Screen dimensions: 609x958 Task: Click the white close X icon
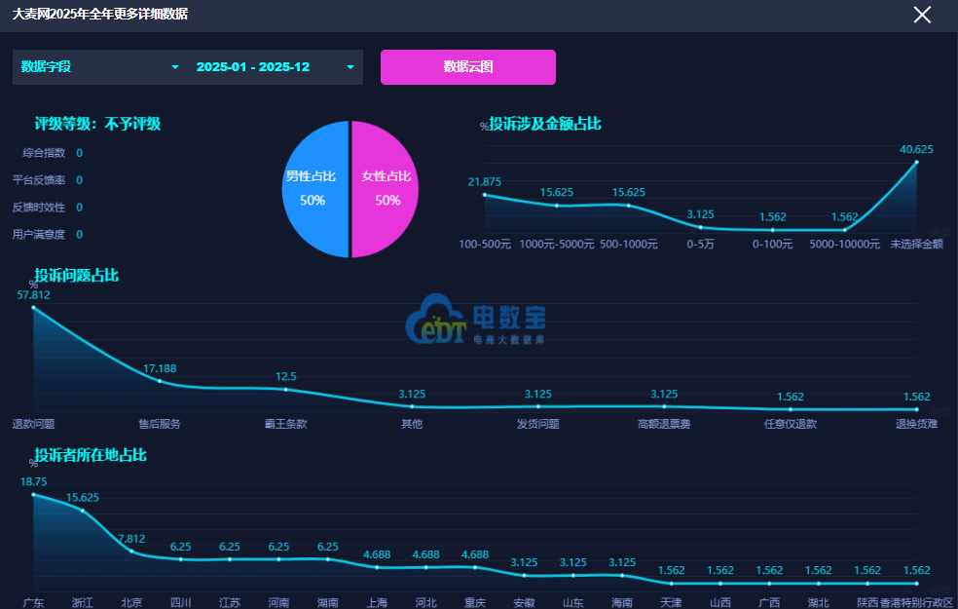tap(922, 15)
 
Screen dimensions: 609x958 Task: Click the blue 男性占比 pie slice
tap(313, 189)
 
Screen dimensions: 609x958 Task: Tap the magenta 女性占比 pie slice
tap(387, 189)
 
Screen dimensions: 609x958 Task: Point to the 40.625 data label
tap(916, 149)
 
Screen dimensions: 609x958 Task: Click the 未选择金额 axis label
tap(916, 245)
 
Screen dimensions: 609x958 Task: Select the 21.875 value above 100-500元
tap(485, 182)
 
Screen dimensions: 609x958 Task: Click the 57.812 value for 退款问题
tap(34, 294)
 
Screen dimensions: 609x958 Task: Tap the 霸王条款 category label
tap(285, 424)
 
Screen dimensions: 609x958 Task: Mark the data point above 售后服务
tap(160, 382)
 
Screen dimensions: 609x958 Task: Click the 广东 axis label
tap(34, 602)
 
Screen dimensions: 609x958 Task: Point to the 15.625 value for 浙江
tap(83, 497)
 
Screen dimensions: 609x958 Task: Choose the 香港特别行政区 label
tap(916, 602)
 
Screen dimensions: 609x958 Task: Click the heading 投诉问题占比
tap(77, 276)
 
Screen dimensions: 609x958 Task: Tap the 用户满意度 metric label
tap(38, 234)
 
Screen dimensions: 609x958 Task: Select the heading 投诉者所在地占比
tap(91, 455)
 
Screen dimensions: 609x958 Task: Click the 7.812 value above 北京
tap(131, 538)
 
